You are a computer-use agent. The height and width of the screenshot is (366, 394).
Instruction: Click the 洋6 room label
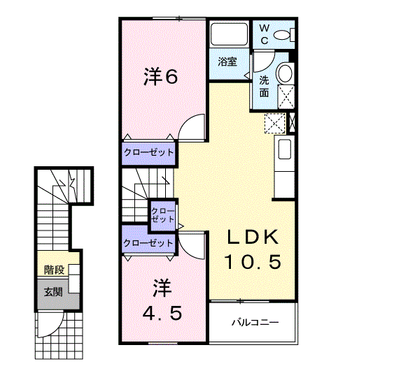tap(160, 76)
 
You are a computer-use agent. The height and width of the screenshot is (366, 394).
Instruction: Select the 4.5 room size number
tap(162, 313)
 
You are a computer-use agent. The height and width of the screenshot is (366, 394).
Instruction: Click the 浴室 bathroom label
tap(227, 61)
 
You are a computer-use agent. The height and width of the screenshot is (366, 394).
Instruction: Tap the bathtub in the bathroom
tap(227, 36)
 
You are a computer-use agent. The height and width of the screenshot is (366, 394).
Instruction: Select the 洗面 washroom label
tap(264, 86)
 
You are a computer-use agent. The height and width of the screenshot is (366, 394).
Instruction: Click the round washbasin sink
tap(286, 73)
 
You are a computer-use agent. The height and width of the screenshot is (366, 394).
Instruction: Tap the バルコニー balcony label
tap(255, 323)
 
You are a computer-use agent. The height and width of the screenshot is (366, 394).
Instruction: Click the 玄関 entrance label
tap(53, 291)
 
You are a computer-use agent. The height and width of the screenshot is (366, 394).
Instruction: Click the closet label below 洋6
tap(148, 152)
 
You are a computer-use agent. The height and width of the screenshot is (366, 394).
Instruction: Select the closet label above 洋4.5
tap(147, 243)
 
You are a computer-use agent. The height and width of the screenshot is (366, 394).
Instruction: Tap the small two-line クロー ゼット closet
tap(163, 214)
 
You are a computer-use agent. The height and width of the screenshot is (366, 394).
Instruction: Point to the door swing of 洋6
tap(192, 129)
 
